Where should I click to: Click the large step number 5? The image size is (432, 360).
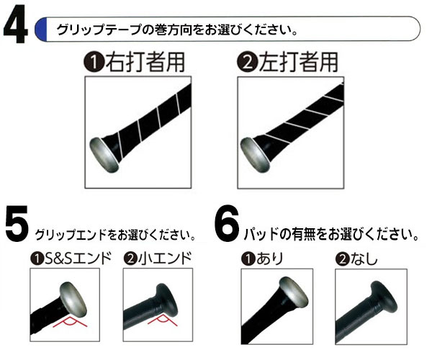click(17, 224)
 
